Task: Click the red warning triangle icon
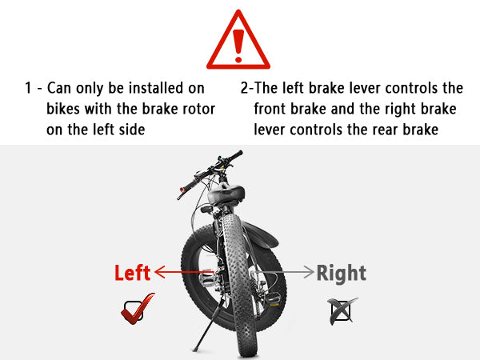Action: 238,40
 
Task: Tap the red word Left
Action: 133,273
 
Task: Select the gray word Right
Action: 342,274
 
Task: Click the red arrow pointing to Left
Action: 184,272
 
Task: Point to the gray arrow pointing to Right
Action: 285,272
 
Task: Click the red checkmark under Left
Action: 138,309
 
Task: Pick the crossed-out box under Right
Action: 342,311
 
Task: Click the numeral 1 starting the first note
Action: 28,88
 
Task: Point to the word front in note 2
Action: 270,109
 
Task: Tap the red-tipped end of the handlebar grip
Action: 182,190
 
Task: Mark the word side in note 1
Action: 132,130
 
